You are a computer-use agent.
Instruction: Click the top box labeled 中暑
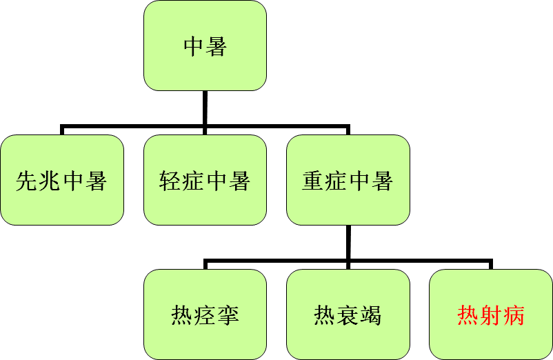click(205, 46)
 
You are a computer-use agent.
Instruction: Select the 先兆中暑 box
click(62, 180)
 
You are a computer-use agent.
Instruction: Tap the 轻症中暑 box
click(205, 180)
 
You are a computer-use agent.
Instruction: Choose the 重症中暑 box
click(348, 180)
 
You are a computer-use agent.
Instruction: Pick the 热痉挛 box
click(205, 314)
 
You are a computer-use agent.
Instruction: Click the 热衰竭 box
click(348, 314)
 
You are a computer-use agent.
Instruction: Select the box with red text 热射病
click(491, 314)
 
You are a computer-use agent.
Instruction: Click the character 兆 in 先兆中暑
click(50, 181)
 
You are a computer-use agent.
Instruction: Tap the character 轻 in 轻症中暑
click(170, 181)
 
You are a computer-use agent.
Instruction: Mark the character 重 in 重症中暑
click(313, 181)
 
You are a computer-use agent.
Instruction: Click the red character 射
click(491, 315)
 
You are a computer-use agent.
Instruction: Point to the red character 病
click(514, 315)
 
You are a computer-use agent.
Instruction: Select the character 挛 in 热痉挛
click(228, 315)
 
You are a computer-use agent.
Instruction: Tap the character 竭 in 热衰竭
click(371, 315)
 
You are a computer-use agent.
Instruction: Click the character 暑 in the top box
click(217, 46)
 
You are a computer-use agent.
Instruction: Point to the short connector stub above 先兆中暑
click(62, 130)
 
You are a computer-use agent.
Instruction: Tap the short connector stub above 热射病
click(491, 264)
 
